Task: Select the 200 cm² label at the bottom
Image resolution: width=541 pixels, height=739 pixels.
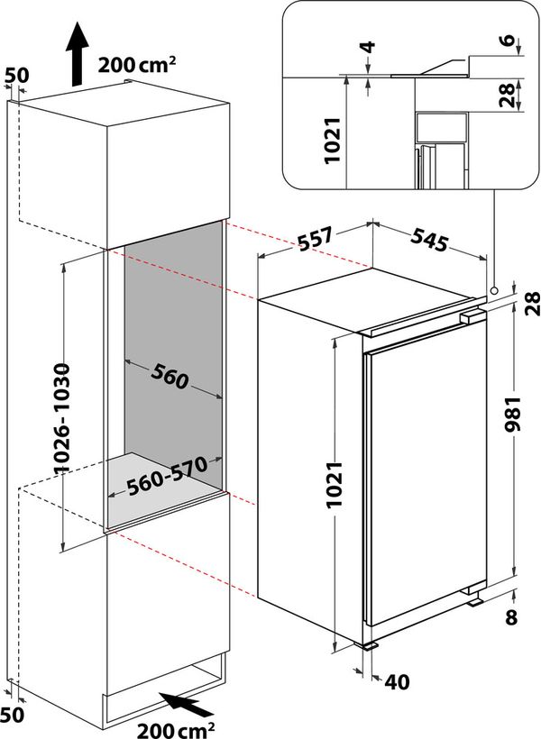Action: [175, 725]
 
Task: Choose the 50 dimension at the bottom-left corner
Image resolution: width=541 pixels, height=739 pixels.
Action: [11, 714]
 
